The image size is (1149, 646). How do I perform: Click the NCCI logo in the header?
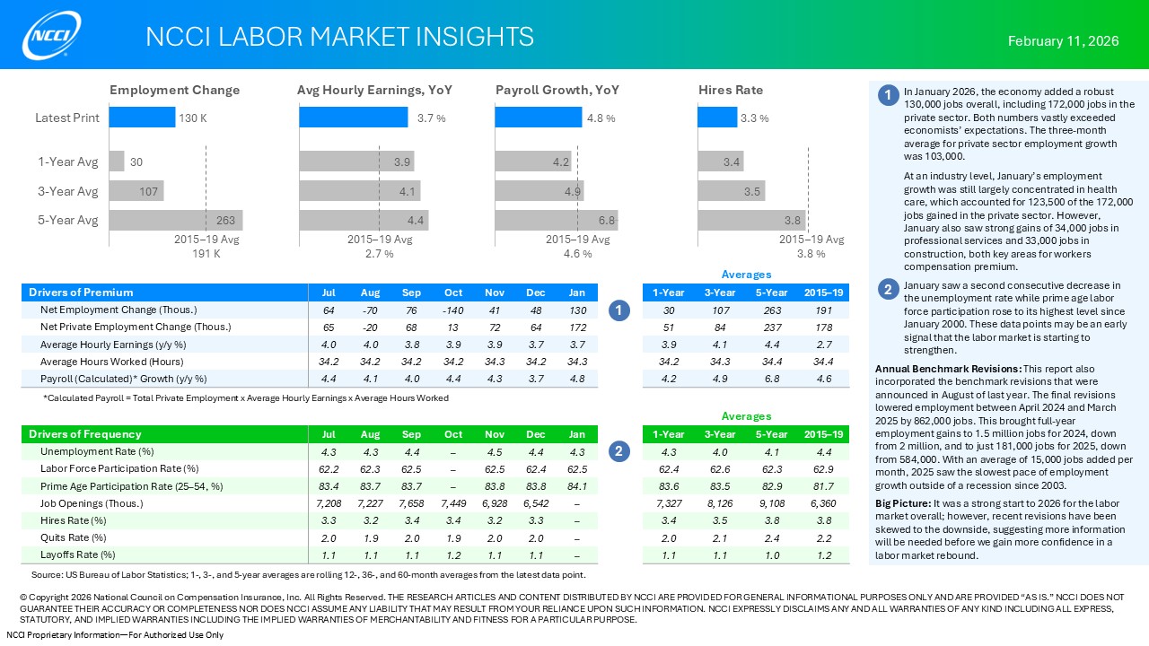coord(52,35)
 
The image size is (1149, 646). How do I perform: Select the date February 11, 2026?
coord(1063,41)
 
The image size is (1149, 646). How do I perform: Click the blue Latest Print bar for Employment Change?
coord(142,118)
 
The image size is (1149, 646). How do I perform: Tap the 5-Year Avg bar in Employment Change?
coord(176,221)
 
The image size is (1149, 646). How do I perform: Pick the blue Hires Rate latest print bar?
coord(717,118)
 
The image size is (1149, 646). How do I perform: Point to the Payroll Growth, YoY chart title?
coord(557,91)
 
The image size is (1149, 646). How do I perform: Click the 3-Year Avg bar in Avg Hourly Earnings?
coord(359,191)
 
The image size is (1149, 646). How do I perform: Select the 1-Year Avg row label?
coord(67,161)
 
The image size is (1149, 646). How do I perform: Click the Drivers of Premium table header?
coord(81,292)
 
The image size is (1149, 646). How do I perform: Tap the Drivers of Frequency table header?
coord(85,434)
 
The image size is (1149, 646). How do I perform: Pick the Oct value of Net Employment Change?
coord(453,310)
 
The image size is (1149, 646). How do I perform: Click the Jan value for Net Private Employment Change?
coord(577,327)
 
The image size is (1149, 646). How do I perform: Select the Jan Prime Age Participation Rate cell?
coord(577,486)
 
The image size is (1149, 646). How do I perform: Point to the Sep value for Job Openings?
coord(411,503)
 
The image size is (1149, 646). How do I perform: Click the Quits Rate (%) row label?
coord(74,538)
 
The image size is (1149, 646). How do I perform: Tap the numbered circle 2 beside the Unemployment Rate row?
coord(618,451)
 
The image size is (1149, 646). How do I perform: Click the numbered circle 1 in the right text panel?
coord(887,96)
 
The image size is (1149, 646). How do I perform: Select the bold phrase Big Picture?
coord(902,503)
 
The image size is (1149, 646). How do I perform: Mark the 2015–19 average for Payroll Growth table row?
coord(823,379)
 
